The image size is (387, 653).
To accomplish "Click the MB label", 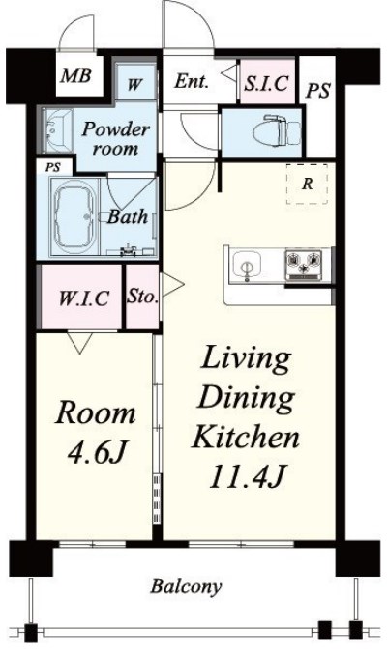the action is tap(75, 76).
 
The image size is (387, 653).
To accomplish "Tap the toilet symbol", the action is tap(277, 131).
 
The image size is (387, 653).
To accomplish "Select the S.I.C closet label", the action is tap(266, 83).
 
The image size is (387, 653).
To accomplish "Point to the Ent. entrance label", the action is tap(191, 81).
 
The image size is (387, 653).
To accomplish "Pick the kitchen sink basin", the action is tap(247, 266).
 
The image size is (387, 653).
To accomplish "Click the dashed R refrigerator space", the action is tap(307, 184).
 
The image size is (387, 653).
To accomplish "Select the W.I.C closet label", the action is tap(84, 298).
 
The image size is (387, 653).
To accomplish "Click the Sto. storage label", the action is tap(142, 297).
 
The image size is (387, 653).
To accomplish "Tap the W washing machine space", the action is tap(134, 85).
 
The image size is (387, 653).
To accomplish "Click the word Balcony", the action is tap(186, 586).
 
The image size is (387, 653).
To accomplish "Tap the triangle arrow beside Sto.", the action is tap(172, 284).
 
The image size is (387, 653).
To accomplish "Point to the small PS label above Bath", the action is tap(52, 167).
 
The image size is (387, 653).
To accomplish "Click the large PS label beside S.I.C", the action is tap(317, 91).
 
